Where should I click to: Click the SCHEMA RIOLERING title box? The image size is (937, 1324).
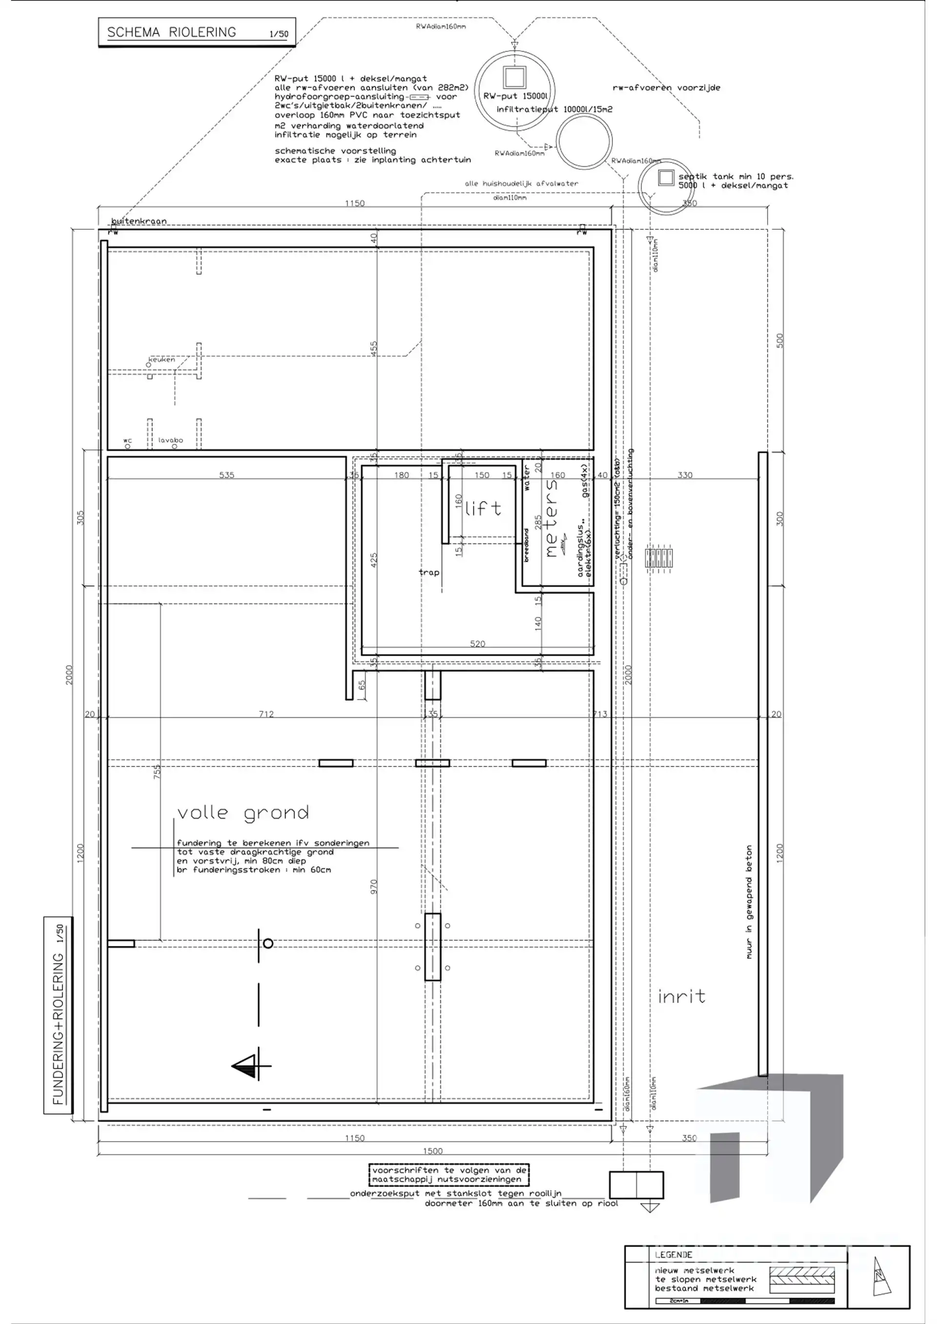(x=197, y=32)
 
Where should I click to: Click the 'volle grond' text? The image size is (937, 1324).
(x=243, y=813)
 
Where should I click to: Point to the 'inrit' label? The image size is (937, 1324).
(x=681, y=997)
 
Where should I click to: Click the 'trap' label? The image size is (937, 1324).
(x=428, y=573)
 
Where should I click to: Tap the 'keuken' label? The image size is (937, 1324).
(x=162, y=359)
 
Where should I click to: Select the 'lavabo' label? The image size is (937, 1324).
(x=171, y=440)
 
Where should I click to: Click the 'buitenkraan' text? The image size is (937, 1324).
(x=139, y=221)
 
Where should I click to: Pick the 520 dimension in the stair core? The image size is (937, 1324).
(x=477, y=643)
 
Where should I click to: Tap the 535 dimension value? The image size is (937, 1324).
(x=227, y=475)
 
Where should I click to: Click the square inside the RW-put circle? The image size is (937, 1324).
(x=514, y=77)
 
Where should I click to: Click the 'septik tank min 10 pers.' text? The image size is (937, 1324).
(x=735, y=177)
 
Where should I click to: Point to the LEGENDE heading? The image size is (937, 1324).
(x=673, y=1255)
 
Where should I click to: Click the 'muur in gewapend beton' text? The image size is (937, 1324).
(x=749, y=903)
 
